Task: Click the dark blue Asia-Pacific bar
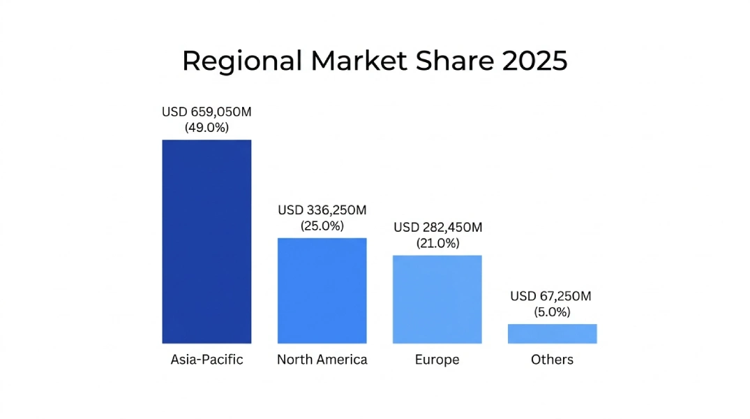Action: point(207,241)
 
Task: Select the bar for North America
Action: point(322,291)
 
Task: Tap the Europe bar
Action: point(437,299)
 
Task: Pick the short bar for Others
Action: point(552,334)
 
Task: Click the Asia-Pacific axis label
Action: point(207,360)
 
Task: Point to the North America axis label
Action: point(322,360)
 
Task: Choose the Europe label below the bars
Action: point(437,360)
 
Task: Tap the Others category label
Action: point(552,360)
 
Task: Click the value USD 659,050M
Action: point(207,112)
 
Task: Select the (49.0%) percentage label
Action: point(207,128)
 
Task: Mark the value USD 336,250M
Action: point(322,210)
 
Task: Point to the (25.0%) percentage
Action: point(322,226)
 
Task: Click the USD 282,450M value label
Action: point(437,228)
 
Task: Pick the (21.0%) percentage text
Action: point(437,244)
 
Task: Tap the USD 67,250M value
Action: point(551,296)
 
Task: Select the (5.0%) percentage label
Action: point(552,312)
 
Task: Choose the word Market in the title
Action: point(359,61)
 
